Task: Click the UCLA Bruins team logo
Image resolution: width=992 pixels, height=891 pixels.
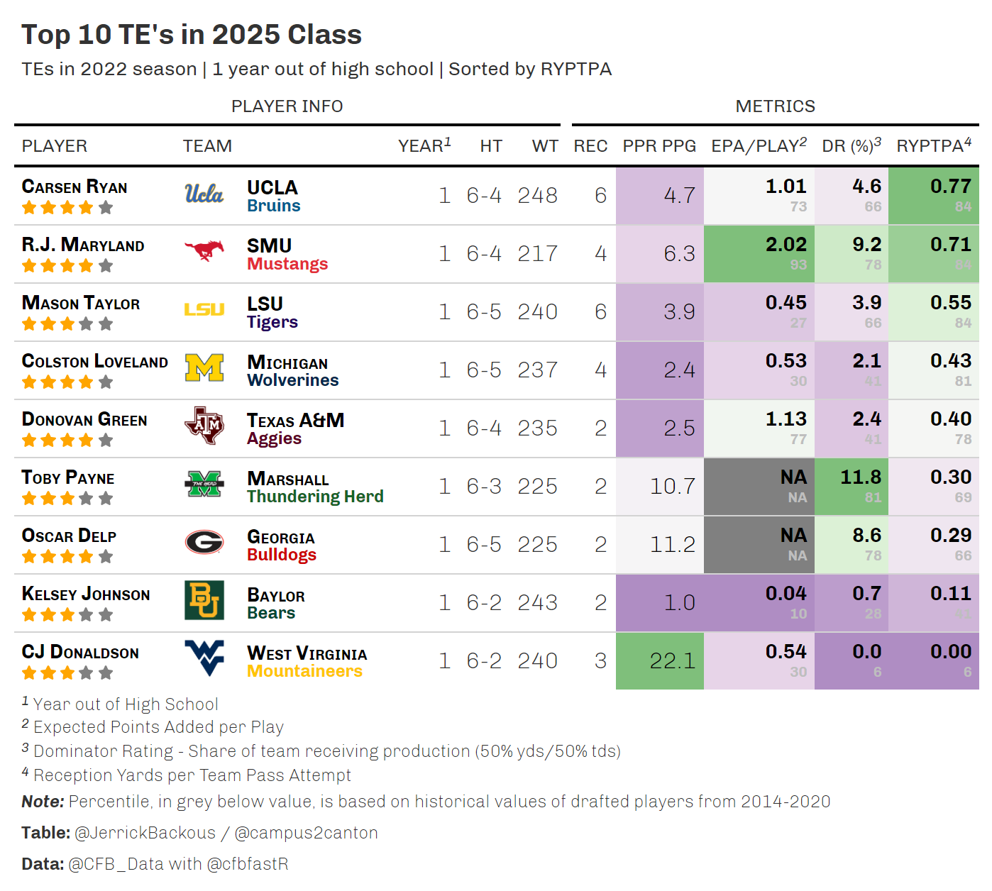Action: click(204, 194)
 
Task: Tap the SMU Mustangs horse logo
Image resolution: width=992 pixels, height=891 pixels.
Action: click(204, 250)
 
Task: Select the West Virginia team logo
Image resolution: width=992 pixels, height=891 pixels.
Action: click(204, 658)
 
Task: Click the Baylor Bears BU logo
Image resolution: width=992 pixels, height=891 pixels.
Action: click(204, 600)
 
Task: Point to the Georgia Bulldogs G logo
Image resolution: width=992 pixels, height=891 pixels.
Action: click(204, 543)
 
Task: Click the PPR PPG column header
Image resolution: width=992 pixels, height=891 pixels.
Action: click(659, 146)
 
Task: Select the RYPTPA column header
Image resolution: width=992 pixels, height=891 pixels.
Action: click(933, 146)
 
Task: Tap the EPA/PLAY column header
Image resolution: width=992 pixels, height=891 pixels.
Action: click(759, 146)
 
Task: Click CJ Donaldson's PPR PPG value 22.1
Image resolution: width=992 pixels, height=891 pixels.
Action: click(673, 661)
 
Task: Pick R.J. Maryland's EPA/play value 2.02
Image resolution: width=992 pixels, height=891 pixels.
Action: click(786, 245)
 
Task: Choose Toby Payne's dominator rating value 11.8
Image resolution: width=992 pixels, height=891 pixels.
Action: click(860, 477)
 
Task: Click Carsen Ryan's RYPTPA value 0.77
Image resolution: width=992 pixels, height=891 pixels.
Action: click(950, 187)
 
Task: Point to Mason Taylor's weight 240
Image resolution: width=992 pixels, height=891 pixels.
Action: click(537, 312)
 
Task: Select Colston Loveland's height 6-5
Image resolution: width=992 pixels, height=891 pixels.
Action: click(484, 370)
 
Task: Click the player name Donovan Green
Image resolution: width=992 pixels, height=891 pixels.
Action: click(84, 420)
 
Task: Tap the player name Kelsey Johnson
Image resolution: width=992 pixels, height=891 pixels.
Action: click(86, 594)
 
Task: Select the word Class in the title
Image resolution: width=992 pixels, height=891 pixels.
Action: click(324, 35)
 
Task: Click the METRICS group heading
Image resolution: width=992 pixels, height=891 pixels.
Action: click(775, 106)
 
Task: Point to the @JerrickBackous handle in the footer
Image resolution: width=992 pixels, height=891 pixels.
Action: click(145, 833)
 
